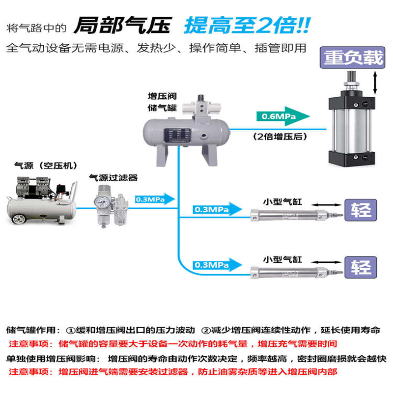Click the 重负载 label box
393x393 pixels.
pyautogui.click(x=353, y=58)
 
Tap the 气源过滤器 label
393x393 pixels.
pyautogui.click(x=113, y=177)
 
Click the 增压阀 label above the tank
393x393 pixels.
pyautogui.click(x=162, y=96)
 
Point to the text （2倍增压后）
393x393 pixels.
pyautogui.click(x=278, y=137)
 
